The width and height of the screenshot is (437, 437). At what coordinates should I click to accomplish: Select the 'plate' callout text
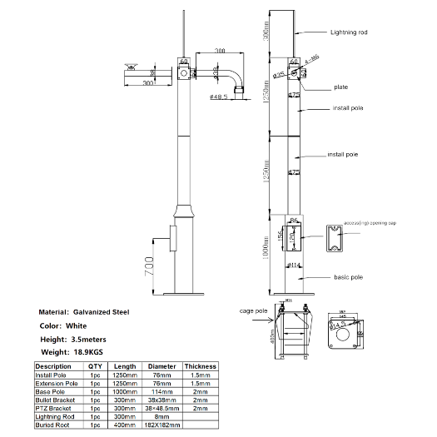[x=341, y=87]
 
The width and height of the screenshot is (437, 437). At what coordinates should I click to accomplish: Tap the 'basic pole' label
[x=348, y=276]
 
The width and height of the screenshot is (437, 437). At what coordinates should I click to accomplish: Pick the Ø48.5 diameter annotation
[x=219, y=97]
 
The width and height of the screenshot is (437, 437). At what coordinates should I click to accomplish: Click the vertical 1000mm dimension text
[x=265, y=245]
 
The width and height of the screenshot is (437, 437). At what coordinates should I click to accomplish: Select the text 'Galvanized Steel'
[x=102, y=312]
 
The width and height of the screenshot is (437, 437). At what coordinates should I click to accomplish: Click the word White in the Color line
[x=82, y=325]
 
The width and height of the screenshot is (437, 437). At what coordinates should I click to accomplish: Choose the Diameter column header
[x=161, y=366]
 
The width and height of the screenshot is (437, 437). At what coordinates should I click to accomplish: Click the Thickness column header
[x=201, y=366]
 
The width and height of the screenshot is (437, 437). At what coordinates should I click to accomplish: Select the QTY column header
[x=95, y=366]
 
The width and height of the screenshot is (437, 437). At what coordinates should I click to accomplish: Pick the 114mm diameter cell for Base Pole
[x=161, y=391]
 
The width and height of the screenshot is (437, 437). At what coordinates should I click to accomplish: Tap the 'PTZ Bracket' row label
[x=55, y=409]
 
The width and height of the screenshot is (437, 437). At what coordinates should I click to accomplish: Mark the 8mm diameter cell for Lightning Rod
[x=161, y=417]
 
